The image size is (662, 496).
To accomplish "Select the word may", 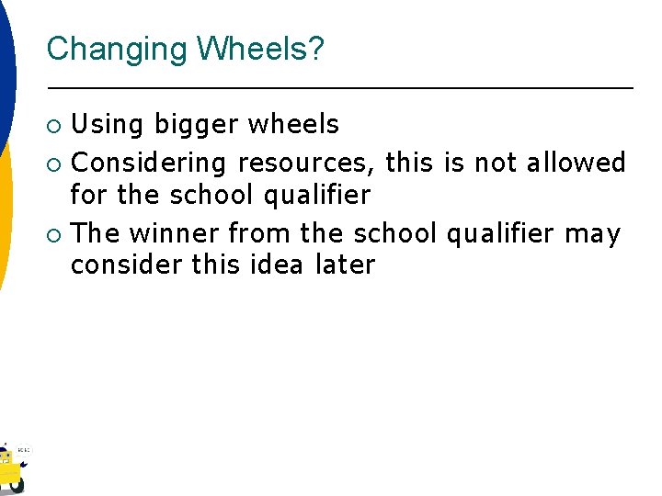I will [592, 235].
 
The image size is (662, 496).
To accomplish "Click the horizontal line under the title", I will [340, 88].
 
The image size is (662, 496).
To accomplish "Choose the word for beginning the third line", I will [90, 195].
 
